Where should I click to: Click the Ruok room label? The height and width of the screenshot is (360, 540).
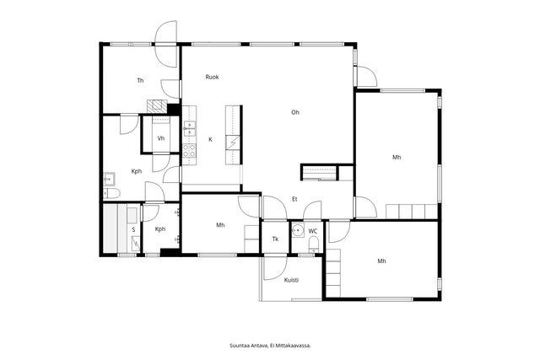pos(212,77)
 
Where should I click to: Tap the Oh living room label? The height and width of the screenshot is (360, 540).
pos(295,112)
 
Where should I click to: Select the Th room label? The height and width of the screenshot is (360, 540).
pos(140,81)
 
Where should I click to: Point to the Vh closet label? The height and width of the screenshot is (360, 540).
pos(161,139)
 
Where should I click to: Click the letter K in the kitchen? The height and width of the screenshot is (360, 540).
pos(210,139)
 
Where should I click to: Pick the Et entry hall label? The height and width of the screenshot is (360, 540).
pos(294,199)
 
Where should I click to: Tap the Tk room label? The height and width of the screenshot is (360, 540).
pos(275,239)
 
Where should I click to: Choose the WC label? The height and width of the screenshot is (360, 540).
pos(313,231)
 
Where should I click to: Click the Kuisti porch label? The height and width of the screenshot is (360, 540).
pos(291,280)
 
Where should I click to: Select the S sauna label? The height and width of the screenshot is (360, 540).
pos(133,230)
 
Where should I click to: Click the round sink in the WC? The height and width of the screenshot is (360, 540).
pos(298,230)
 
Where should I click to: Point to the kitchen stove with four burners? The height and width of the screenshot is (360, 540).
pos(189,151)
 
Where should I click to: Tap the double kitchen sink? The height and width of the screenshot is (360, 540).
pos(189,129)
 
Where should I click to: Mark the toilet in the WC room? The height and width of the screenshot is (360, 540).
pos(313,245)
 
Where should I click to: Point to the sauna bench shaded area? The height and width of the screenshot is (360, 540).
pos(111,228)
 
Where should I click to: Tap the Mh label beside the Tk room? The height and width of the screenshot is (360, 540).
pos(220,225)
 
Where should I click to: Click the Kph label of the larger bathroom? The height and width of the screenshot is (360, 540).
pos(137,171)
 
